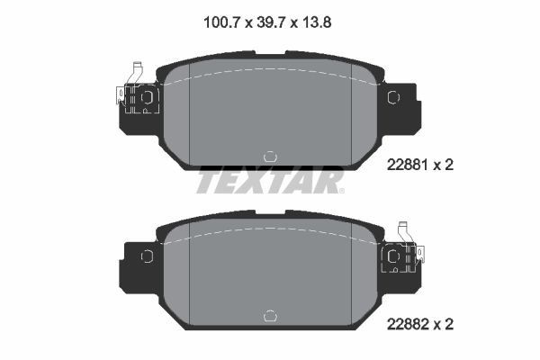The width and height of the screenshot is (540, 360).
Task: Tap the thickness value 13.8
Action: pos(317,22)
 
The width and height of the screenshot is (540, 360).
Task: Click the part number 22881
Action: pos(407,165)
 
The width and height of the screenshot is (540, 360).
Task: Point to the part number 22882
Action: pos(408,324)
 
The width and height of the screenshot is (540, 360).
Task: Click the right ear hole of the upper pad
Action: pos(393,97)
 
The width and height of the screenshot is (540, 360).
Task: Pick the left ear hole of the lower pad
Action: pos(147,256)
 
